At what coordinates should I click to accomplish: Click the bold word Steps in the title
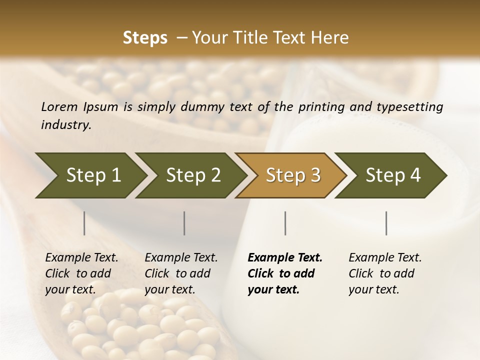tap(145, 38)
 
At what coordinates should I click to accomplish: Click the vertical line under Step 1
tap(84, 223)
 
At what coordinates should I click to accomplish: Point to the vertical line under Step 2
tap(184, 223)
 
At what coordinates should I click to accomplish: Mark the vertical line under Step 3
tap(285, 223)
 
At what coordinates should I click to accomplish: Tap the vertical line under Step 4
tap(386, 223)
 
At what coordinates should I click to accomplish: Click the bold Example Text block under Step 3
tap(285, 273)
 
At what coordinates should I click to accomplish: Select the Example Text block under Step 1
tap(81, 273)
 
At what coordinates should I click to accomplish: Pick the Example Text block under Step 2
tap(181, 273)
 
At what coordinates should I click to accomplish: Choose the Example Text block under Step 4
tap(385, 273)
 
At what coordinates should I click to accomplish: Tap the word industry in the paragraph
tap(65, 125)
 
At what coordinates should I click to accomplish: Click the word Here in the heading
tap(332, 38)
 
